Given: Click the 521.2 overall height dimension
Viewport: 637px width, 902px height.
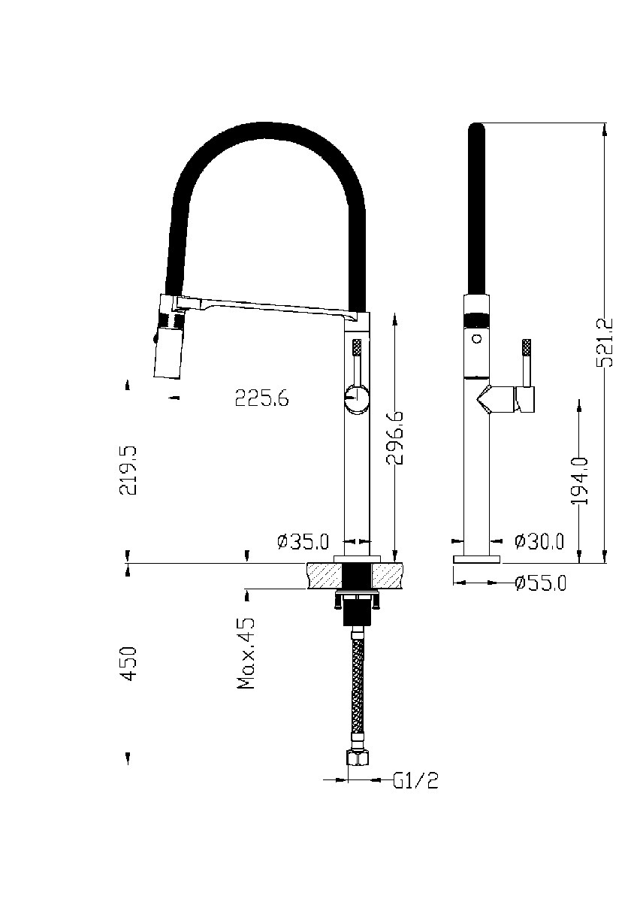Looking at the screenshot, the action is click(604, 342).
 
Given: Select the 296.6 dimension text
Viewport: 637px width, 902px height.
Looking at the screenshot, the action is click(394, 437).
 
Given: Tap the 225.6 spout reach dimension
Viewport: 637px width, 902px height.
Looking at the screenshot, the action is click(261, 398).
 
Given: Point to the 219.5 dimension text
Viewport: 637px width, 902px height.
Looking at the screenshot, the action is click(128, 470).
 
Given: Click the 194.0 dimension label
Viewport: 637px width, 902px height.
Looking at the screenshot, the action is click(579, 481).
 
